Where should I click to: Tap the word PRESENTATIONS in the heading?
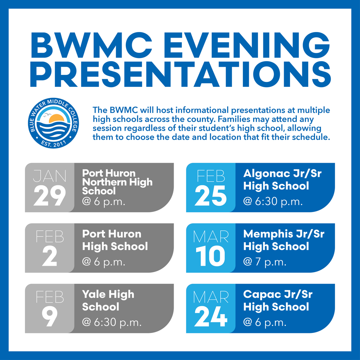[x=180, y=74]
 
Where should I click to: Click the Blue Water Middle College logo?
[x=53, y=123]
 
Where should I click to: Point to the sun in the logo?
[x=56, y=119]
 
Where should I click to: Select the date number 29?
[x=50, y=195]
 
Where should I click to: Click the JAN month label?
[x=49, y=176]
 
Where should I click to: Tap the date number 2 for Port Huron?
[x=50, y=256]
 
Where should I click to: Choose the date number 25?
[x=211, y=195]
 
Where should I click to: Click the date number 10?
[x=211, y=256]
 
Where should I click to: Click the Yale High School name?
[x=108, y=300]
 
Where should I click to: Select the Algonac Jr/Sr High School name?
[x=282, y=179]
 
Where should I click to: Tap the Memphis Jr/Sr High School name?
[x=283, y=240]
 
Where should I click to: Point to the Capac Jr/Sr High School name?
[x=277, y=300]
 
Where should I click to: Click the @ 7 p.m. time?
[x=265, y=262]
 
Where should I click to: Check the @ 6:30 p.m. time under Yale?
[x=112, y=322]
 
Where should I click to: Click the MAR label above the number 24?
[x=211, y=297]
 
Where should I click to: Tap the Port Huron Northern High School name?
[x=117, y=182]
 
